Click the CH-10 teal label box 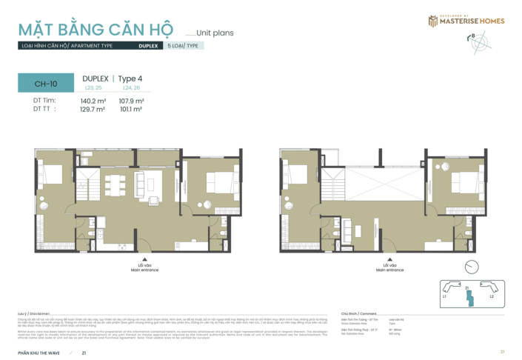pos(46,83)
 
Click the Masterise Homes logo pos(466,21)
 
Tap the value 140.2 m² pos(93,101)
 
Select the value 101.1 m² pos(131,109)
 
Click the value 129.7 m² pos(93,109)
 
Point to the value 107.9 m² pos(131,101)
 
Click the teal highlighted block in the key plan pos(467,296)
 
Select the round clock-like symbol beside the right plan pos(468,266)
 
